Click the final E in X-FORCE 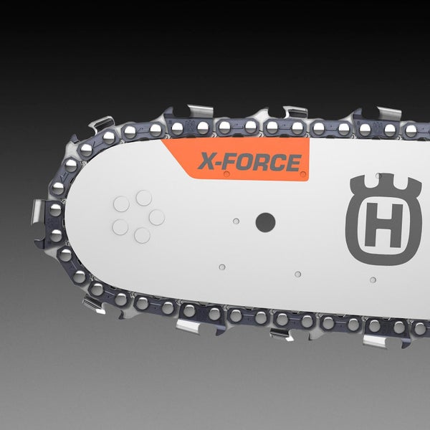(294, 163)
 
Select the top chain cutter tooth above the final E (294, 113)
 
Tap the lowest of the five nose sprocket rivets (142, 235)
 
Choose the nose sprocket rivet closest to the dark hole (157, 217)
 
